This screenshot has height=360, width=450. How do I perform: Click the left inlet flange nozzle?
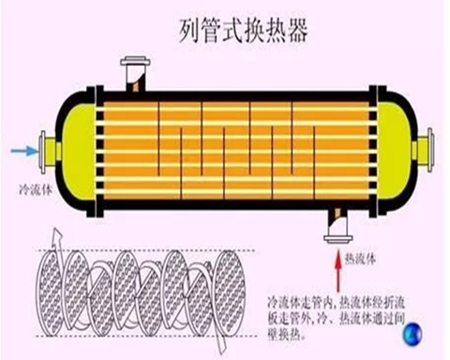(47, 149)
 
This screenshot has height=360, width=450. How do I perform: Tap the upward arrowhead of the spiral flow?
(55, 234)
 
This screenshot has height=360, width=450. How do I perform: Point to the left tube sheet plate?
(97, 147)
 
